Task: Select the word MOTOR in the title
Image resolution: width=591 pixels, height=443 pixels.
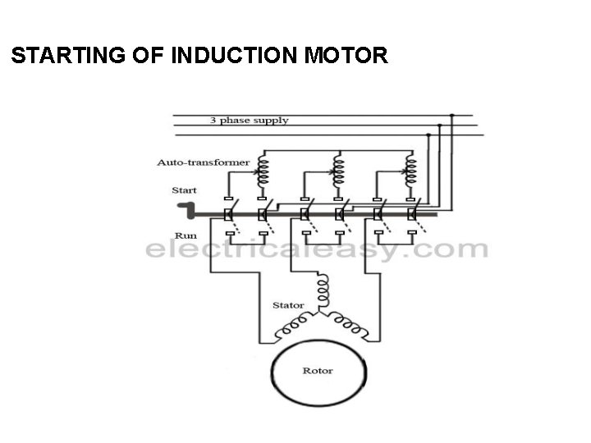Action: point(345,56)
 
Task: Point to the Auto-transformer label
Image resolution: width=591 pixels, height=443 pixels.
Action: point(203,162)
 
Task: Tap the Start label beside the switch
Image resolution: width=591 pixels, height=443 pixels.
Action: point(184,190)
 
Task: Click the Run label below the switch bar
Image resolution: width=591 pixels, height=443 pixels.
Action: point(184,233)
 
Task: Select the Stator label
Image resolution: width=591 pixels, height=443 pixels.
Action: point(287,305)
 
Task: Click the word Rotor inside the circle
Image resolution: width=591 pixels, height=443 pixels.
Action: point(318,371)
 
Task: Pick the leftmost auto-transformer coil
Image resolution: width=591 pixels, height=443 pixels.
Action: point(263,171)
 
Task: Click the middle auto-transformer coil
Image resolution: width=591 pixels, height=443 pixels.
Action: point(337,171)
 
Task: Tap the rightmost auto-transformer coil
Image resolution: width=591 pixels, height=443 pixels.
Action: point(410,171)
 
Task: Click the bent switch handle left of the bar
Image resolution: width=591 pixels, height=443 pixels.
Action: point(187,212)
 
